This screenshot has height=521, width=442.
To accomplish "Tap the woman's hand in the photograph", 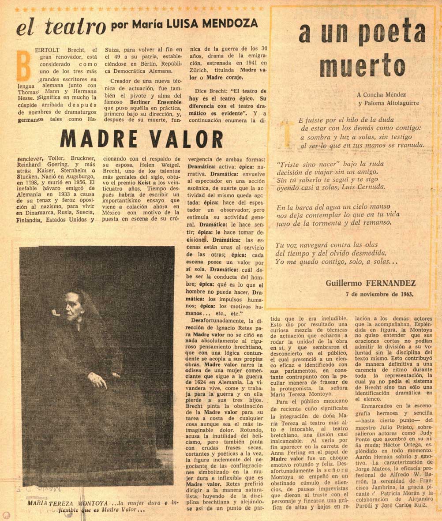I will click(97, 379).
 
